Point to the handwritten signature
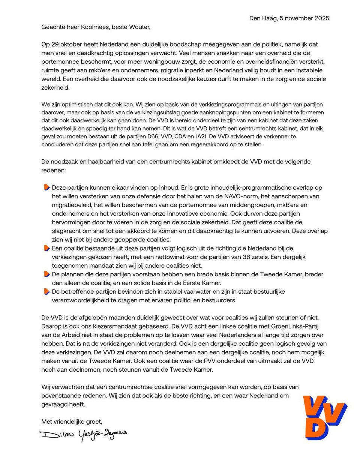[83, 433]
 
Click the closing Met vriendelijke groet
[72, 422]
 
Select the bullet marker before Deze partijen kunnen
[46, 187]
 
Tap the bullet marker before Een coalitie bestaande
[46, 248]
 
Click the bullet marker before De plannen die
[46, 274]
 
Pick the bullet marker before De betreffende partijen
[46, 291]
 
